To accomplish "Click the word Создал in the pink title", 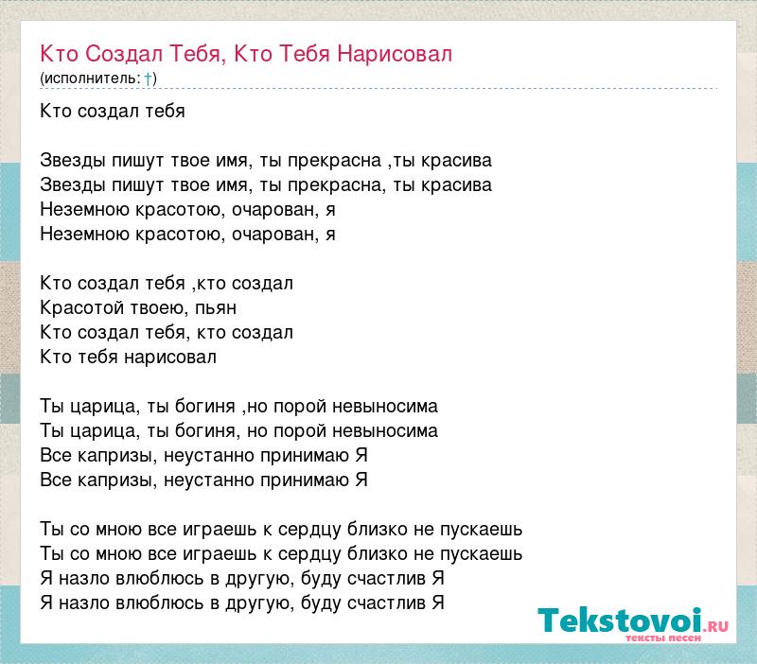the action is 124,54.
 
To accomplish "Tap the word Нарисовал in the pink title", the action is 395,54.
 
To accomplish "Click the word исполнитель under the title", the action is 92,79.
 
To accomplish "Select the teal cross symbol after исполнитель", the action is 149,79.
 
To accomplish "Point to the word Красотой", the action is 81,307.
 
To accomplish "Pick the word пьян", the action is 216,307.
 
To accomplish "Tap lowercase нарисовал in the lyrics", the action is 170,358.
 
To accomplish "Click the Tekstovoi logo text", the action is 620,620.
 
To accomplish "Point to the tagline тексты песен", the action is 663,638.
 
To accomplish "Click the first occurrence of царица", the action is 105,407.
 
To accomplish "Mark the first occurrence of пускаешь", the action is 482,530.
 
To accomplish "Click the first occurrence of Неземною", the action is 85,210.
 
